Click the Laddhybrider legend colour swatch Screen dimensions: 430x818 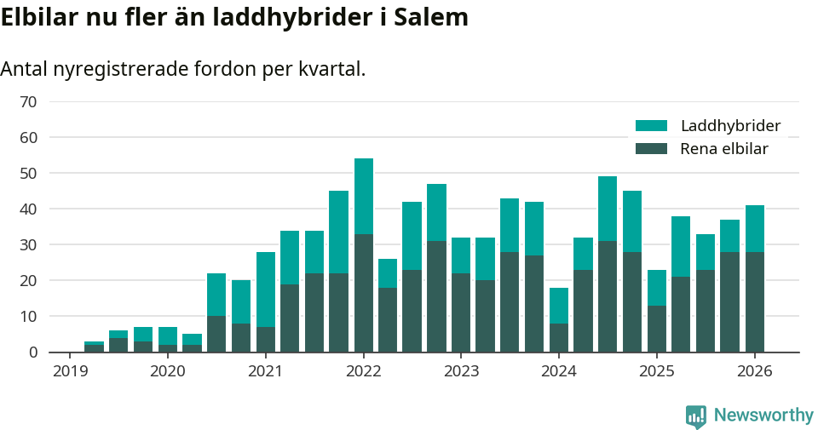point(652,126)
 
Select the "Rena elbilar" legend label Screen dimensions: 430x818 point(724,149)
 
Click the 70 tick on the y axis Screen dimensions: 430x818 point(28,102)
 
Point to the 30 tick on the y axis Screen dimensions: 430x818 point(28,245)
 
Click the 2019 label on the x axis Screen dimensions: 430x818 point(70,372)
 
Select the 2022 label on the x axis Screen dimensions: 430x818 point(363,372)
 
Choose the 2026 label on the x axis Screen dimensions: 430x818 point(755,372)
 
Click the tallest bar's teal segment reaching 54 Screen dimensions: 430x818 point(363,196)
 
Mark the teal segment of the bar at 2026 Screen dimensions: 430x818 point(755,228)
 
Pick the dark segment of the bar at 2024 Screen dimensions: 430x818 point(559,338)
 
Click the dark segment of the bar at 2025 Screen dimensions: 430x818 point(657,329)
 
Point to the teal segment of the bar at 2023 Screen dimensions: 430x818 point(461,255)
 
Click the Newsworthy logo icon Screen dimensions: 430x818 point(696,416)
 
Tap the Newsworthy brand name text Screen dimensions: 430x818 point(763,416)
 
